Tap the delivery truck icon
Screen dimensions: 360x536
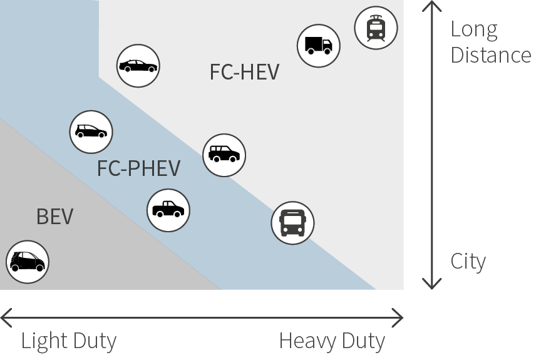pos(319,46)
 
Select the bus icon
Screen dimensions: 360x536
pos(292,222)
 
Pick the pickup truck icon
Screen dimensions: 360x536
pos(168,210)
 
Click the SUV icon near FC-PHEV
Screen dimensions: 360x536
pos(224,155)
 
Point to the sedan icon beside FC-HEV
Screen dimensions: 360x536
pos(138,66)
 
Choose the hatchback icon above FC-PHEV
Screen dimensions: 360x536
pos(91,131)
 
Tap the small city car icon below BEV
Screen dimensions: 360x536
pos(27,261)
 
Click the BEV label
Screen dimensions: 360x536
pos(54,217)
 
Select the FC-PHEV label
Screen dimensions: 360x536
pos(139,168)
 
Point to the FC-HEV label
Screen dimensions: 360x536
pos(244,72)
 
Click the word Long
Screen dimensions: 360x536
pos(474,29)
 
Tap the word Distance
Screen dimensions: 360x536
pos(491,55)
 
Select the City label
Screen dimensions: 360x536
pos(468,261)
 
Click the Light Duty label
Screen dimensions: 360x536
pos(69,341)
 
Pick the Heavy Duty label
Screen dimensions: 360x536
pos(331,341)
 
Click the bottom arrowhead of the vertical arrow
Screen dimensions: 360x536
pos(431,285)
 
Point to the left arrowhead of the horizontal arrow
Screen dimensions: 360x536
pos(5,317)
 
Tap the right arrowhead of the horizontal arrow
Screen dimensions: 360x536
pos(398,317)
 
